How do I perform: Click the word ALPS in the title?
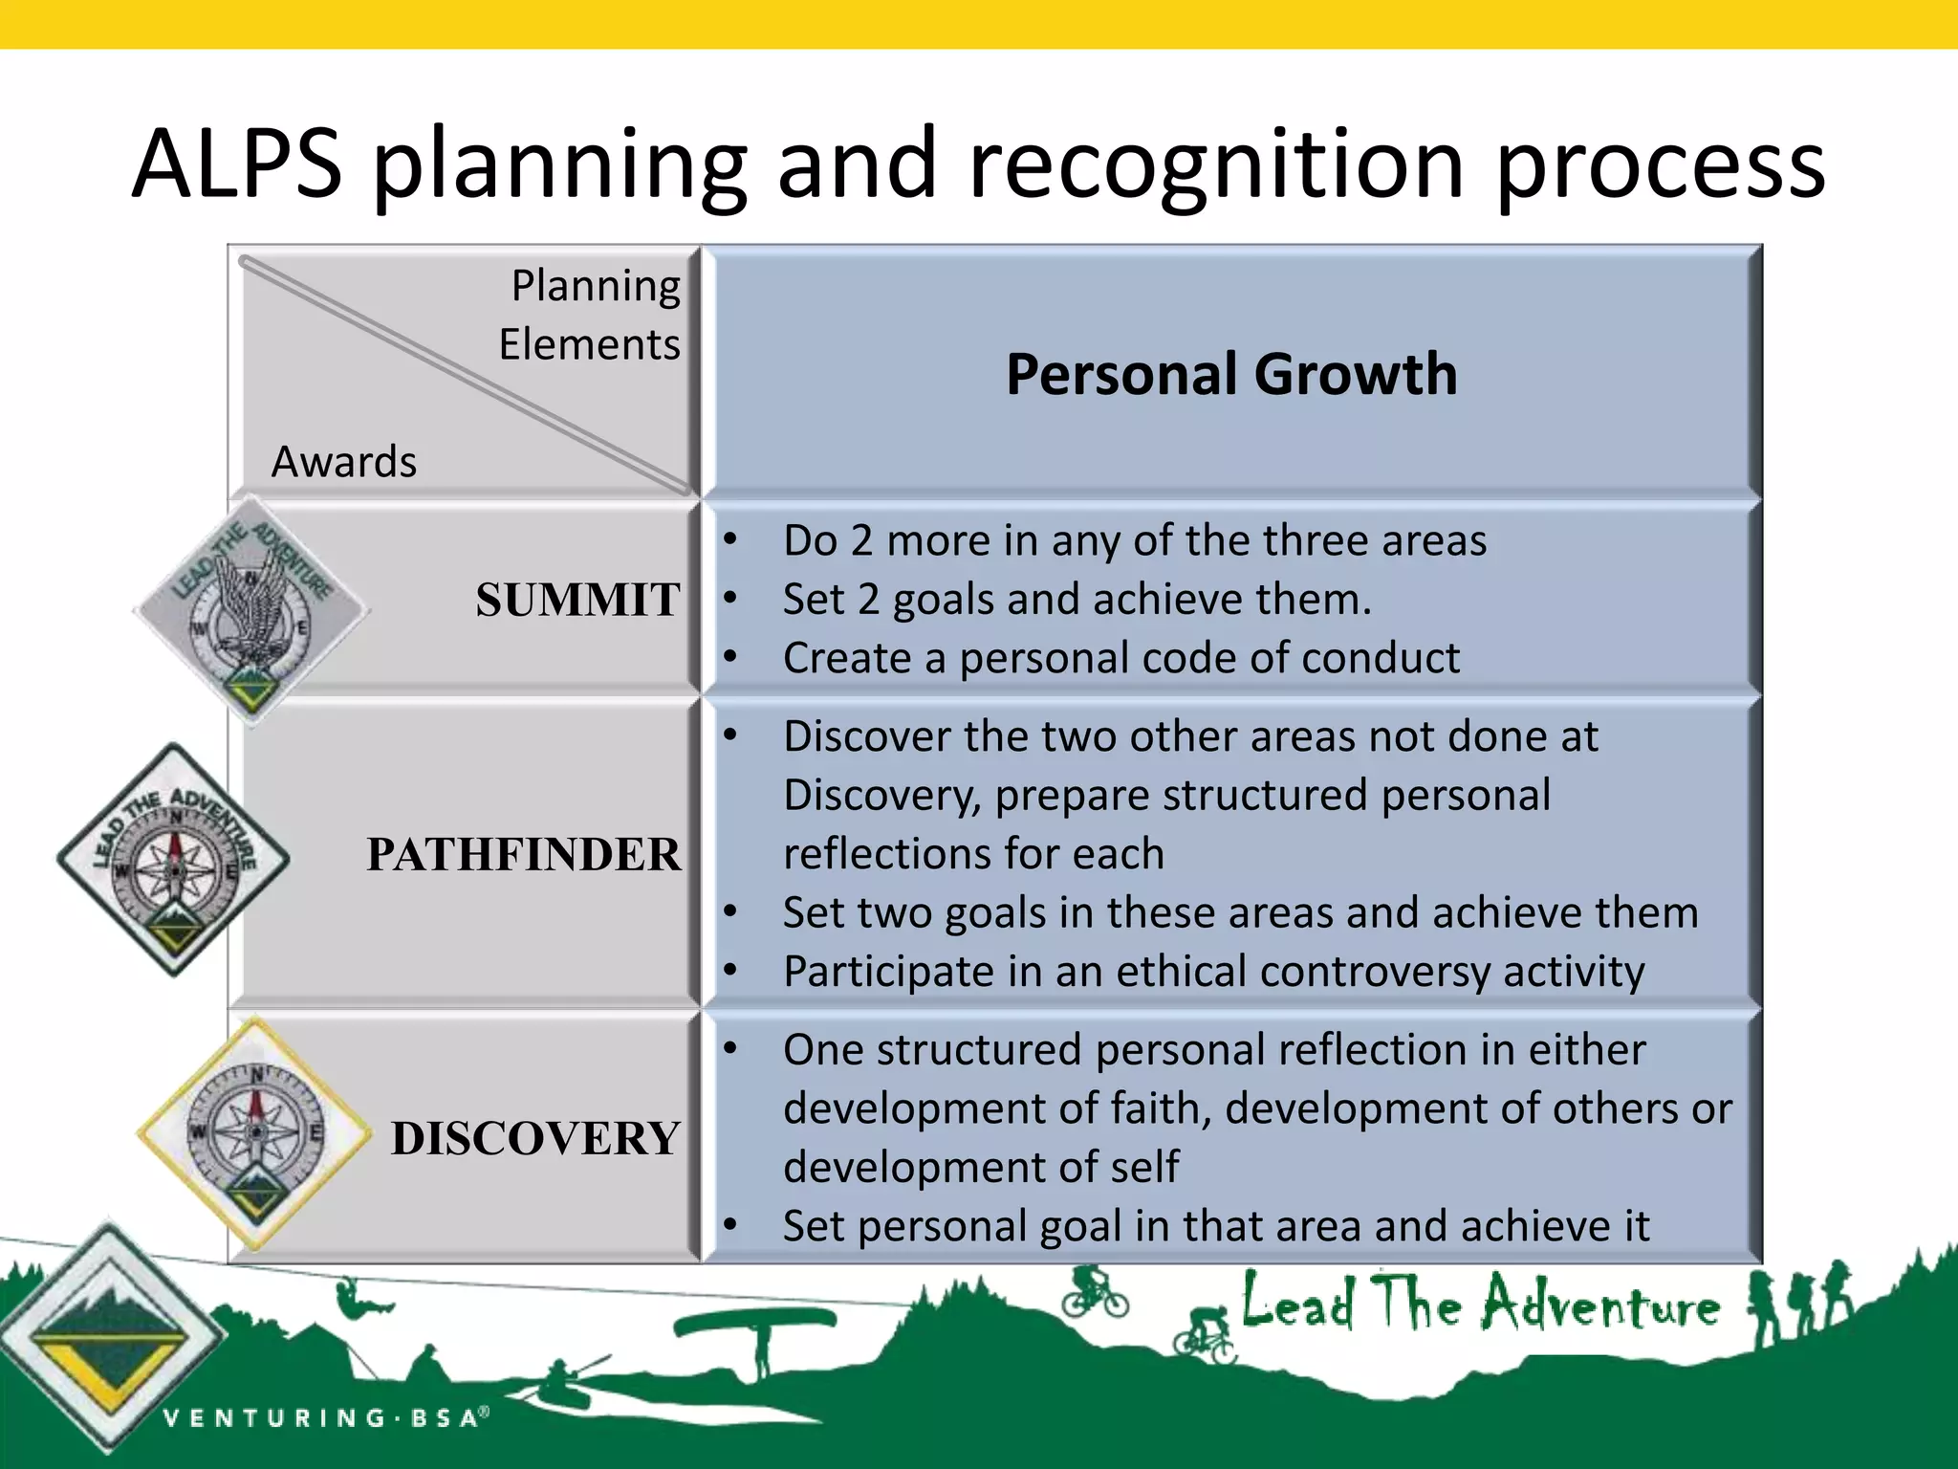(x=237, y=164)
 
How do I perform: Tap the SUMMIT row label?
(x=577, y=601)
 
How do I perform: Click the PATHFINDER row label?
(x=524, y=854)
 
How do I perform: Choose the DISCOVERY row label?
(x=535, y=1138)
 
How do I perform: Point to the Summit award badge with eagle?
(x=250, y=607)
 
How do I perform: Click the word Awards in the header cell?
(x=344, y=462)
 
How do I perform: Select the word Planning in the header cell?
(x=596, y=286)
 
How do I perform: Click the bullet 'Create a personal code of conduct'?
(x=1120, y=658)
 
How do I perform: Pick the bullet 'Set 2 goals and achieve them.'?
(x=1077, y=600)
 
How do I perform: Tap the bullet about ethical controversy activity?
(x=1212, y=972)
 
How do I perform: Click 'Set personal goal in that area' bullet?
(x=1214, y=1226)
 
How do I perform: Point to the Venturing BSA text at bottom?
(x=325, y=1417)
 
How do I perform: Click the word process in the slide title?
(x=1660, y=164)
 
